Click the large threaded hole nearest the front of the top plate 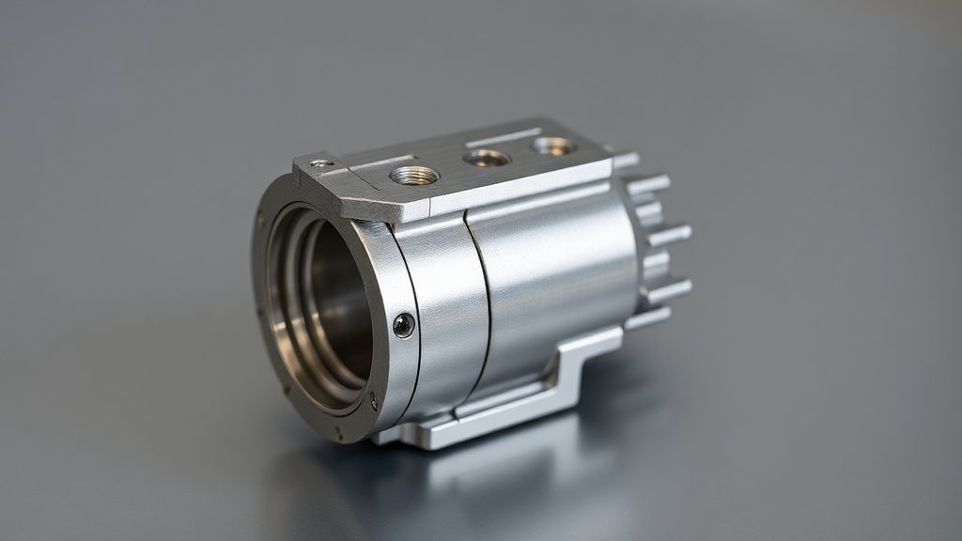(x=414, y=175)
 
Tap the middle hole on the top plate (x=487, y=158)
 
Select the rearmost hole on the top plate (x=552, y=146)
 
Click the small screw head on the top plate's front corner (x=322, y=163)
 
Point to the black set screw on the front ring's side (x=403, y=325)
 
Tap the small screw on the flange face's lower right (x=373, y=401)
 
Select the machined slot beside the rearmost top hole (x=503, y=138)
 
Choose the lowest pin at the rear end (x=648, y=319)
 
